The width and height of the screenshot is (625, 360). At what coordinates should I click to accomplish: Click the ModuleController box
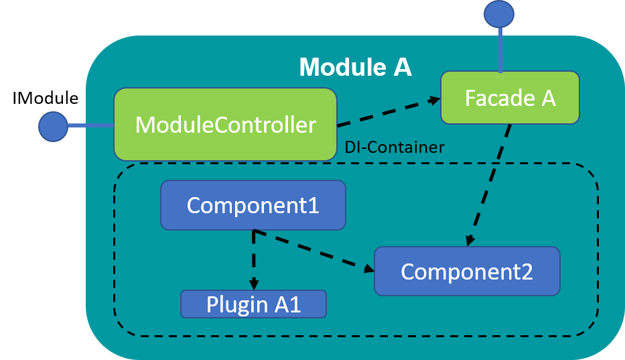pyautogui.click(x=225, y=125)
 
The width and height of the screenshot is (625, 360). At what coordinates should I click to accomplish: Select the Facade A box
pyautogui.click(x=510, y=98)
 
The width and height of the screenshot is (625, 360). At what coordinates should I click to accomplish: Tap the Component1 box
pyautogui.click(x=253, y=205)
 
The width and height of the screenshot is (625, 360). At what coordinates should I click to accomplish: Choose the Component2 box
pyautogui.click(x=467, y=272)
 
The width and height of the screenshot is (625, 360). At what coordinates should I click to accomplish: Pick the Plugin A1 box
pyautogui.click(x=253, y=304)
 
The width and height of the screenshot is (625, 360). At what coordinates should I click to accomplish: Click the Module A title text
pyautogui.click(x=355, y=66)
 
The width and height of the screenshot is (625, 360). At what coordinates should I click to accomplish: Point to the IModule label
pyautogui.click(x=46, y=98)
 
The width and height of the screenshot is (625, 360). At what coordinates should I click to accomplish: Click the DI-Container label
pyautogui.click(x=394, y=147)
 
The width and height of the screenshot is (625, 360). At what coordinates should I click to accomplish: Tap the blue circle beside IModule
pyautogui.click(x=53, y=127)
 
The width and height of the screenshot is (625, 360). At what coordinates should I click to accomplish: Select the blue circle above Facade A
pyautogui.click(x=499, y=14)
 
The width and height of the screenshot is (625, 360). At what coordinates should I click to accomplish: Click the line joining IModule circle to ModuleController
pyautogui.click(x=91, y=126)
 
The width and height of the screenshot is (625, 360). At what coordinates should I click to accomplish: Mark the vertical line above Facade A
pyautogui.click(x=500, y=50)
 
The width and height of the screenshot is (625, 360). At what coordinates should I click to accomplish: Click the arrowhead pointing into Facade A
pyautogui.click(x=434, y=100)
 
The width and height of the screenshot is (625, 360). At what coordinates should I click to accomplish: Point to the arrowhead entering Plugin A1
pyautogui.click(x=254, y=284)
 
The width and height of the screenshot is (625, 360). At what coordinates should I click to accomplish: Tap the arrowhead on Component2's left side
pyautogui.click(x=368, y=268)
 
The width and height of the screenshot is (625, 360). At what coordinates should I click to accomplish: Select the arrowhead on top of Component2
pyautogui.click(x=470, y=241)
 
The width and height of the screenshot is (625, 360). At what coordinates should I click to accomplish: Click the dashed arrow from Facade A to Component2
pyautogui.click(x=490, y=185)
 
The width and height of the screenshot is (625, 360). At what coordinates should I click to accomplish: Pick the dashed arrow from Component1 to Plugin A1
pyautogui.click(x=253, y=260)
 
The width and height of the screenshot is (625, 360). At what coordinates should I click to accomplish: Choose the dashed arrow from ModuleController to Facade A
pyautogui.click(x=389, y=112)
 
